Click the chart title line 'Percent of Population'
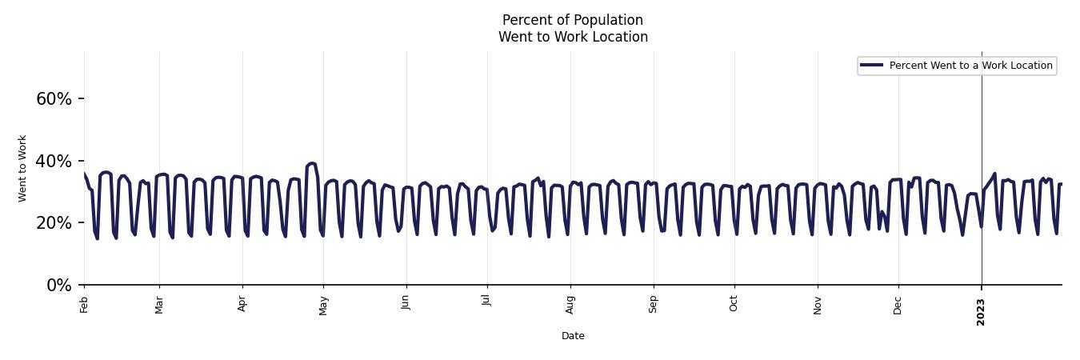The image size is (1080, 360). pyautogui.click(x=573, y=20)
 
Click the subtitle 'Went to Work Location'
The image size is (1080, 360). pyautogui.click(x=573, y=37)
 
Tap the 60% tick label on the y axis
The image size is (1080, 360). pyautogui.click(x=54, y=99)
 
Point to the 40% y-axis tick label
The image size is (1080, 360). pyautogui.click(x=54, y=162)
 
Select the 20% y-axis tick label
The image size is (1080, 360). pyautogui.click(x=54, y=223)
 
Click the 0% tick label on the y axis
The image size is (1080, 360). pyautogui.click(x=59, y=286)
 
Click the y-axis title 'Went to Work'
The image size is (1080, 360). pyautogui.click(x=22, y=168)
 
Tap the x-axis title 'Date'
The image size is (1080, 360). pyautogui.click(x=573, y=336)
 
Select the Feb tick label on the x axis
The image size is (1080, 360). pyautogui.click(x=84, y=304)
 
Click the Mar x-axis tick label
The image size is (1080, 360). pyautogui.click(x=159, y=304)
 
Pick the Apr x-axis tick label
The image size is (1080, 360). pyautogui.click(x=242, y=304)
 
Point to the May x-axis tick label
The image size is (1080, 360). pyautogui.click(x=323, y=305)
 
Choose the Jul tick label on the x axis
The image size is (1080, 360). pyautogui.click(x=486, y=302)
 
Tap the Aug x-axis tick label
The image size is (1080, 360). pyautogui.click(x=570, y=305)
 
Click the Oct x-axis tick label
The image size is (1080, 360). pyautogui.click(x=734, y=303)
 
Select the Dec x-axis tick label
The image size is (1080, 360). pyautogui.click(x=898, y=305)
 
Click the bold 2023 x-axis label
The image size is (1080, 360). pyautogui.click(x=981, y=311)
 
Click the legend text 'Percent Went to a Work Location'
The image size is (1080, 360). pyautogui.click(x=970, y=66)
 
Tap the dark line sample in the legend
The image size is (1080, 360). pyautogui.click(x=872, y=66)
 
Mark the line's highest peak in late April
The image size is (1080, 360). pyautogui.click(x=311, y=163)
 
